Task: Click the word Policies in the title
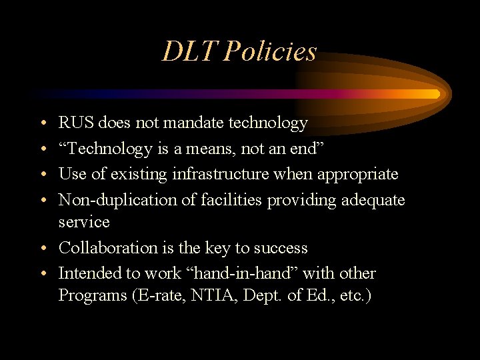tap(270, 51)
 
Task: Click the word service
tap(84, 222)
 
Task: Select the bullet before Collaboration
tap(42, 249)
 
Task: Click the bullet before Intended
tap(42, 274)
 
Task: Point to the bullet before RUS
tap(42, 123)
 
